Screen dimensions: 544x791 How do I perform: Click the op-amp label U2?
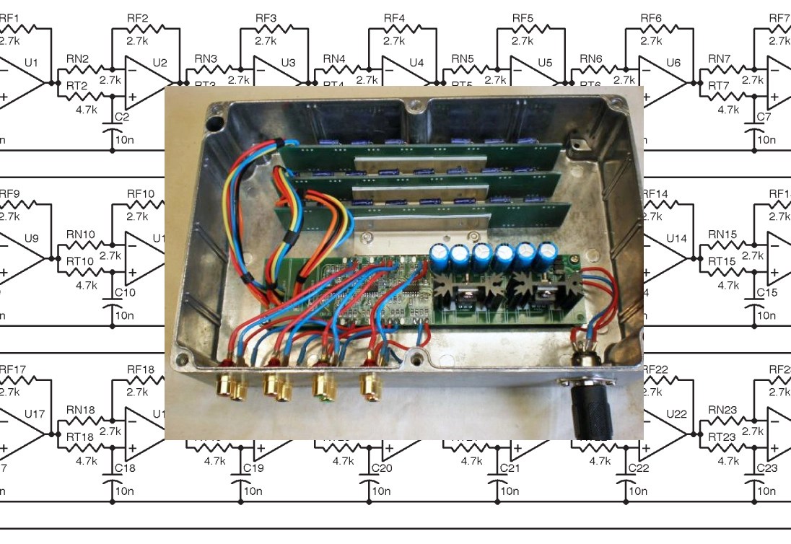click(x=159, y=63)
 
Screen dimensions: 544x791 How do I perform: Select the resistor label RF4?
click(x=394, y=18)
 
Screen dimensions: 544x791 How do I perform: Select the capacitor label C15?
click(x=766, y=292)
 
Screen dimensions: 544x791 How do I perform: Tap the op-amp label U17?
click(x=34, y=414)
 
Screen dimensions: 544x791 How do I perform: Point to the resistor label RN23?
click(x=722, y=410)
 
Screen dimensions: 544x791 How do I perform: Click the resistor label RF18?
click(x=141, y=369)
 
